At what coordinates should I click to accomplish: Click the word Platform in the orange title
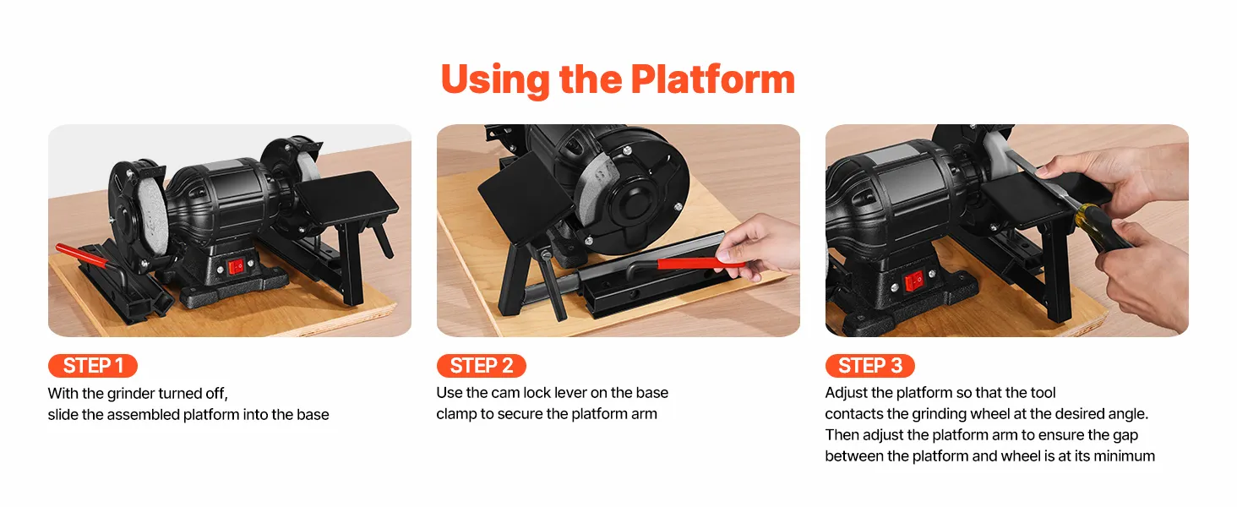[712, 80]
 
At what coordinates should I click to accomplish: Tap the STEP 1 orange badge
[93, 366]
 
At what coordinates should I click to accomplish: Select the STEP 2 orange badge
[481, 366]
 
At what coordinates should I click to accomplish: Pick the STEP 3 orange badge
[869, 366]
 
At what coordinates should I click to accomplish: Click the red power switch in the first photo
[236, 267]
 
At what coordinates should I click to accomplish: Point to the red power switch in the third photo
[913, 281]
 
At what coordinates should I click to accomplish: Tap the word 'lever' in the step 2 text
[569, 393]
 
